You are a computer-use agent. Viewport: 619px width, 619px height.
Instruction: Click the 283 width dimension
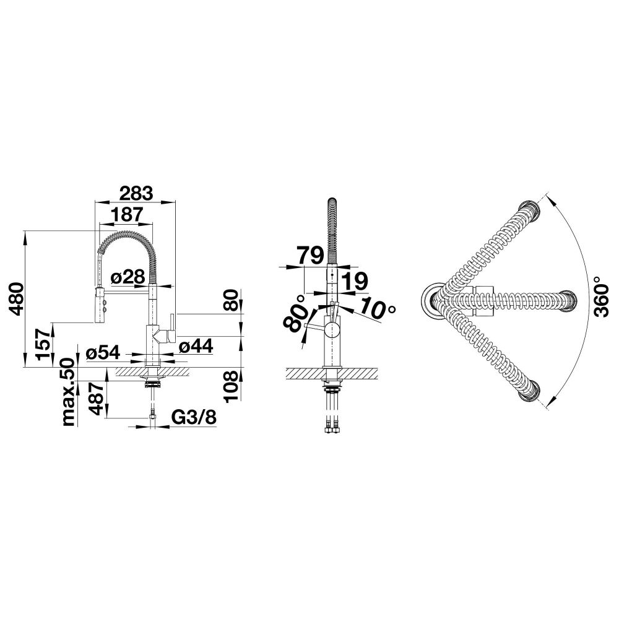(136, 193)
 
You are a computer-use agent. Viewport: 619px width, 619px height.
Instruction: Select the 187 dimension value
(126, 215)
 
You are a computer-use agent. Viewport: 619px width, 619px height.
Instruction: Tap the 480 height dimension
(16, 299)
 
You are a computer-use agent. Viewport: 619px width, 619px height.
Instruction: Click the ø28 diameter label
(128, 277)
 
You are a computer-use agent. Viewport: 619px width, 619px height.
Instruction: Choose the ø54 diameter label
(103, 352)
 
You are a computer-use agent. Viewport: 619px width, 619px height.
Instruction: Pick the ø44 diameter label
(196, 346)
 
